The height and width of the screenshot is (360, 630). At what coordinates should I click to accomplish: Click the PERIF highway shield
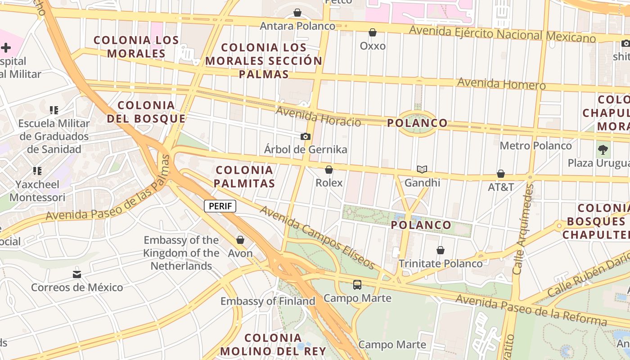(220, 207)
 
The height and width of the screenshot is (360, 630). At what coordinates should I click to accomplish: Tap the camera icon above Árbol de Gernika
(306, 136)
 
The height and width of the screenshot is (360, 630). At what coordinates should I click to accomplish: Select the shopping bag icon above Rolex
(329, 170)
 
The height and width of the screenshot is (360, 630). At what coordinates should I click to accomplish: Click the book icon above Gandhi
(422, 170)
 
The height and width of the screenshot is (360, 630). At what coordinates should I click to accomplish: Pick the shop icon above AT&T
(500, 174)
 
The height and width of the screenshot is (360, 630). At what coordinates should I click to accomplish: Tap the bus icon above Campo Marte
(357, 284)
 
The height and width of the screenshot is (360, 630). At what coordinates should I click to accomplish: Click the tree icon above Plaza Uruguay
(603, 149)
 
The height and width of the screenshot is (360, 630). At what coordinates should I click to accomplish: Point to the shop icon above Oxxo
(373, 32)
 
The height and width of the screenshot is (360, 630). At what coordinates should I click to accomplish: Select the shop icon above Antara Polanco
(297, 13)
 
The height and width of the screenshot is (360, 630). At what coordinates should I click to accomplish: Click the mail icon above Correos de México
(77, 274)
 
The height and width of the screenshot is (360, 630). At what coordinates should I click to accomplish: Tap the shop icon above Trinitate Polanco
(441, 250)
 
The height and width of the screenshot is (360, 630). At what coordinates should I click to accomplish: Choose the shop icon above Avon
(240, 240)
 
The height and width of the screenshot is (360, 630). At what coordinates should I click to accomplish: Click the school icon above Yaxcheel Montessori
(37, 171)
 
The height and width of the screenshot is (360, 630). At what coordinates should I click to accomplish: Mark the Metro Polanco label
(535, 146)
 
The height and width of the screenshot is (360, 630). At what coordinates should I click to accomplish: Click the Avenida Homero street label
(501, 84)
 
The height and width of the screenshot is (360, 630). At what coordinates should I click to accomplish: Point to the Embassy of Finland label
(268, 301)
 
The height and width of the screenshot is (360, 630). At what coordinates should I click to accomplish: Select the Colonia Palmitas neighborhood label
(244, 177)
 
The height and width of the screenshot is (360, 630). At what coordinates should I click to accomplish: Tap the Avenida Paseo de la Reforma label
(531, 310)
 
